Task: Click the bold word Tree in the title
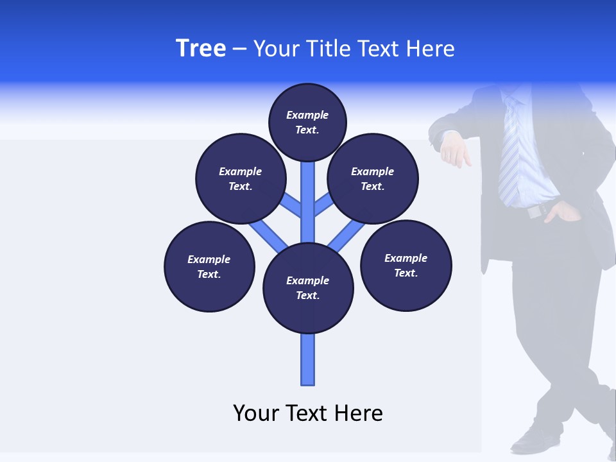201,49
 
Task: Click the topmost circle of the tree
307,123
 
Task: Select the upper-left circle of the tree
240,178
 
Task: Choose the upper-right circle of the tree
373,178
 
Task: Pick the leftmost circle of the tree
209,267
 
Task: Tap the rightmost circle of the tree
406,266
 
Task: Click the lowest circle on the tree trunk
308,288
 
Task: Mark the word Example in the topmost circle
307,116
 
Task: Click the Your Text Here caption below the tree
308,413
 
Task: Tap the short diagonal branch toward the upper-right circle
323,205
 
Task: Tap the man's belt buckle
535,211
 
